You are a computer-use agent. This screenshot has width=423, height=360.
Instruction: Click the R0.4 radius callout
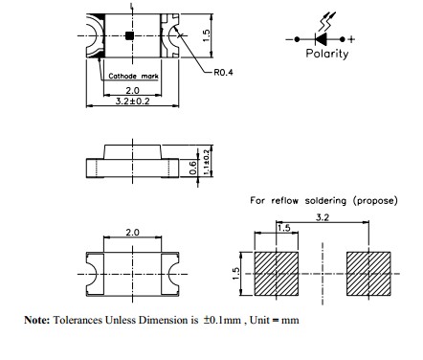(223, 73)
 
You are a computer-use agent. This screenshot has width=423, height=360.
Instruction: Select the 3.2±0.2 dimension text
(132, 101)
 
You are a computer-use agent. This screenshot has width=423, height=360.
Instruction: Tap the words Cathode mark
(133, 76)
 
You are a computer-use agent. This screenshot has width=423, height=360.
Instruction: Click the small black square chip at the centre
(129, 35)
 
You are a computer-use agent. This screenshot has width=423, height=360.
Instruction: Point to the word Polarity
(327, 54)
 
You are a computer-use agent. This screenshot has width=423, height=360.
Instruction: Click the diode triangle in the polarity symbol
(321, 39)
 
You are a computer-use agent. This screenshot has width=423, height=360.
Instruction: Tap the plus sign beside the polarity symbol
(351, 39)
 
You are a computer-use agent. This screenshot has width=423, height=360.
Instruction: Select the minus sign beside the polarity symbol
(289, 39)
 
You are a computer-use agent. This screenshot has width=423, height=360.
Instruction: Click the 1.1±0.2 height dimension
(207, 163)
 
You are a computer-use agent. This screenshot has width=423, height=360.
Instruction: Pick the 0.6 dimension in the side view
(192, 168)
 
